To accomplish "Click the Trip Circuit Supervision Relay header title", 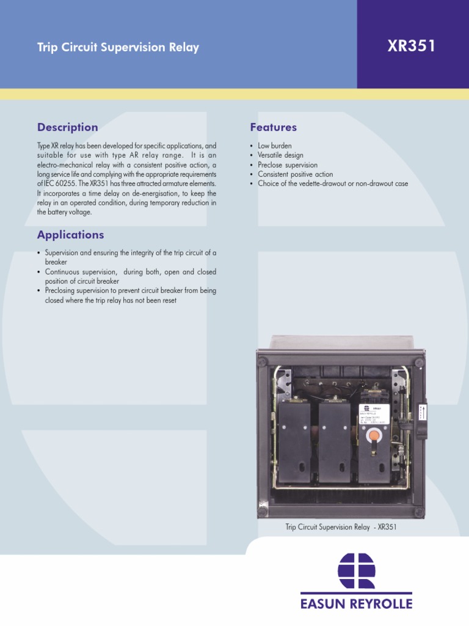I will point(118,48).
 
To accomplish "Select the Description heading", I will point(67,127).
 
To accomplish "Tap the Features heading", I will point(273,127).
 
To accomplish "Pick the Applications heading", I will point(70,235).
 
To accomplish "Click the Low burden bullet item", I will point(275,146).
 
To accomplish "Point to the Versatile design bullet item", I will point(280,155).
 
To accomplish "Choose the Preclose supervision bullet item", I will point(288,165).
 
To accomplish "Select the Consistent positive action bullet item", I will point(296,174).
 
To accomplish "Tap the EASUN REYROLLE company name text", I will point(357,604).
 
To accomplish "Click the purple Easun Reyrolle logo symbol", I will point(357,571).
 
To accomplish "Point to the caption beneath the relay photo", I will point(341,526).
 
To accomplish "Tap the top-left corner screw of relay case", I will point(263,362).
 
